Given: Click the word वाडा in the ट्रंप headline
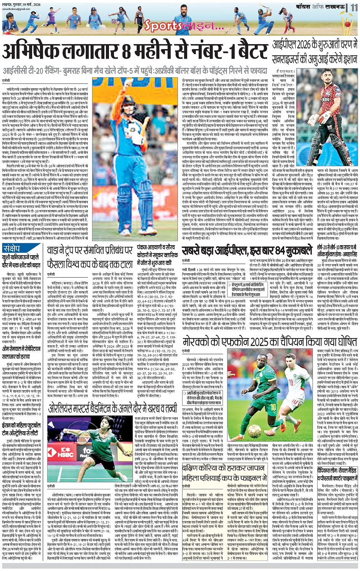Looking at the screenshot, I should [55, 250].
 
